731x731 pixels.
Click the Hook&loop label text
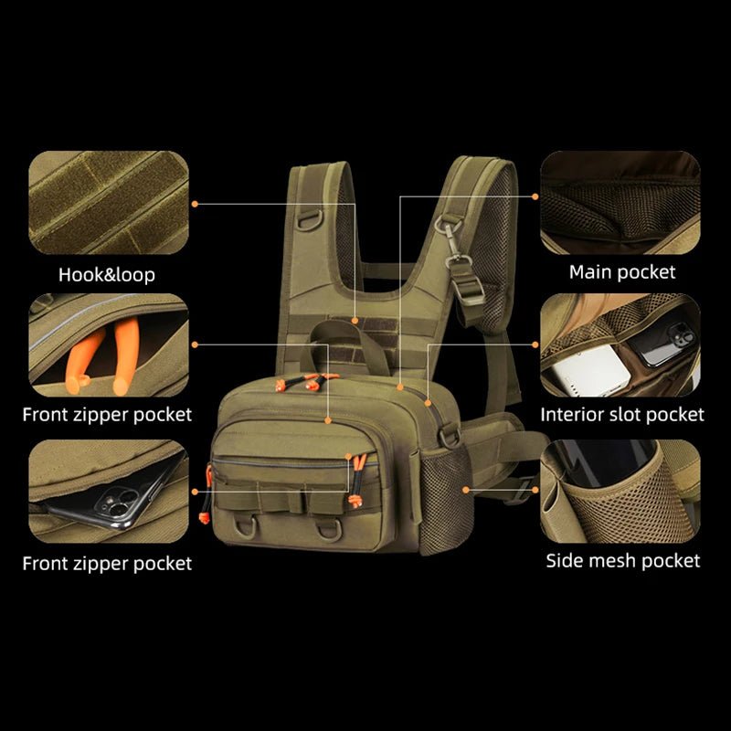click(107, 274)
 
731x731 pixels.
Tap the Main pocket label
click(622, 271)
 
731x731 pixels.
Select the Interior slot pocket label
click(622, 414)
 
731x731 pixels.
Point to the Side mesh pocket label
click(623, 560)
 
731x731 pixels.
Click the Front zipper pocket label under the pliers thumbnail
click(107, 415)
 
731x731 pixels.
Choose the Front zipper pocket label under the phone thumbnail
click(107, 563)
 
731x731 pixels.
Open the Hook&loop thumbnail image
click(109, 202)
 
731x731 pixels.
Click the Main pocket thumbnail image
click(620, 202)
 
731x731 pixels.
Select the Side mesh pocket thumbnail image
click(620, 490)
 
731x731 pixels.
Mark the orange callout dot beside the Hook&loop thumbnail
click(196, 203)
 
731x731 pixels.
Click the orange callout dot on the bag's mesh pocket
click(465, 490)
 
